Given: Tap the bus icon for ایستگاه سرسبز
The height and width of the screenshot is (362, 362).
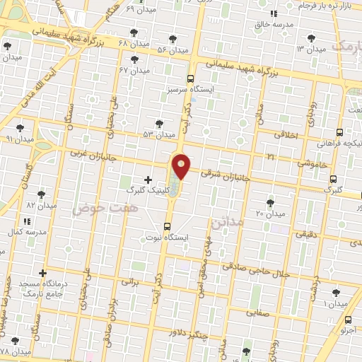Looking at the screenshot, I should tap(190, 79).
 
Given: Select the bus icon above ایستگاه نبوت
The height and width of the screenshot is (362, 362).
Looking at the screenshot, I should tap(167, 226).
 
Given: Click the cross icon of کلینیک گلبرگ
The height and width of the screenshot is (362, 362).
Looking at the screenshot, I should tap(147, 180).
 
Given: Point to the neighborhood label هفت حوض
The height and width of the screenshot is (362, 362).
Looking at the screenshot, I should tap(93, 209).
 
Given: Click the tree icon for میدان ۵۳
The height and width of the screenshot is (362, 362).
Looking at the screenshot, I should tap(159, 123).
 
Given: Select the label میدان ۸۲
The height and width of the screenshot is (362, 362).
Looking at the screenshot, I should tap(40, 204).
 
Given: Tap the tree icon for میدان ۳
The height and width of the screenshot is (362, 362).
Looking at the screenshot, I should tap(310, 38).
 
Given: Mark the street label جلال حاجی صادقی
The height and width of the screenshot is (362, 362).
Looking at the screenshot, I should tap(256, 267).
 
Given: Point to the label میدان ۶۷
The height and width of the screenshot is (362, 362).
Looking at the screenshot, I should tap(134, 71).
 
